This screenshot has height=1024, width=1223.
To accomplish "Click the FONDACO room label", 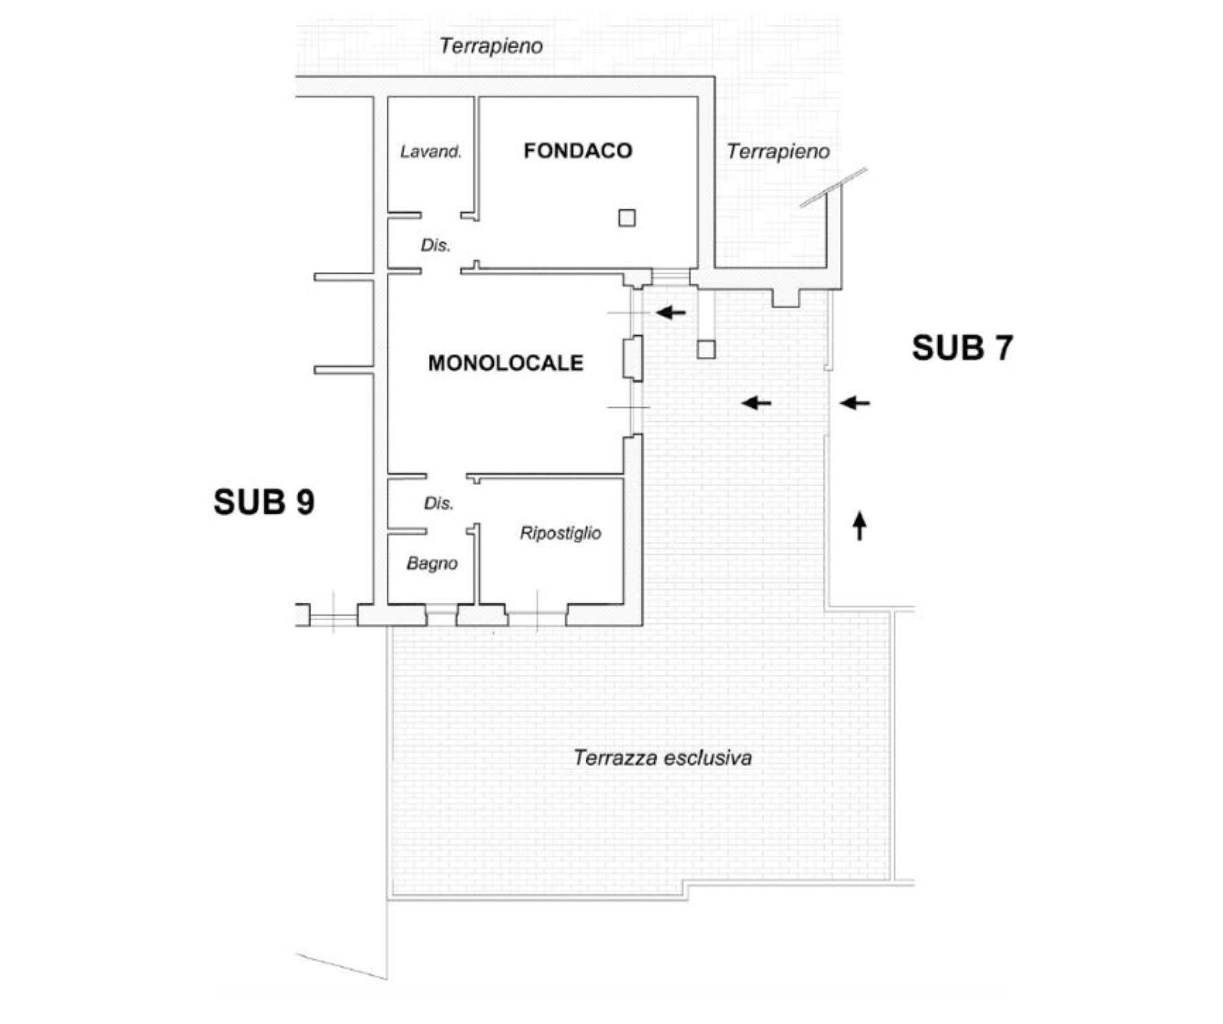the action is pos(578,150).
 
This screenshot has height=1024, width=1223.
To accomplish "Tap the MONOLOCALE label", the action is pos(506,363).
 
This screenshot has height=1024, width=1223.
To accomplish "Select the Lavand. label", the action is pos(431,152).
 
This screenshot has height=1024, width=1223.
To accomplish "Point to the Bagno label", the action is pos(432,563).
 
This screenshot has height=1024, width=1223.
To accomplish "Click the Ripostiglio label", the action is pos(561,533).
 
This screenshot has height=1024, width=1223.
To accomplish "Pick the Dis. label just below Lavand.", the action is pos(436,245).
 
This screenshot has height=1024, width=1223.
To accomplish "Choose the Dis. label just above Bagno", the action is pos(438,504).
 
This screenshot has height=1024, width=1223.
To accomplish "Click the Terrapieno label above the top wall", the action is pos(491,46).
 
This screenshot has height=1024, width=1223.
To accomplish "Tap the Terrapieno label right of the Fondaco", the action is pos(778,152).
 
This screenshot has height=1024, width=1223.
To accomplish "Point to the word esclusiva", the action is pos(707,758).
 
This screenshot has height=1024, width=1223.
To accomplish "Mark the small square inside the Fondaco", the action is pos(627,218).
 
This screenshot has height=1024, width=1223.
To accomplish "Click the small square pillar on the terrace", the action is pos(707,349).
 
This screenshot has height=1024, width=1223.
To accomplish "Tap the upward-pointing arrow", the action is pos(860,526).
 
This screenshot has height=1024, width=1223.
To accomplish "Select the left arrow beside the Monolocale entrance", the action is pos(671,313).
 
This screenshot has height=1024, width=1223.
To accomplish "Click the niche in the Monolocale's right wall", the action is pos(632,358).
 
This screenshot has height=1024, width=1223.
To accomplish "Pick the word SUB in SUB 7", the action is pos(947,348).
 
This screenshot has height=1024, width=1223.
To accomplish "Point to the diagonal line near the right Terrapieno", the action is pos(833,188).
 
